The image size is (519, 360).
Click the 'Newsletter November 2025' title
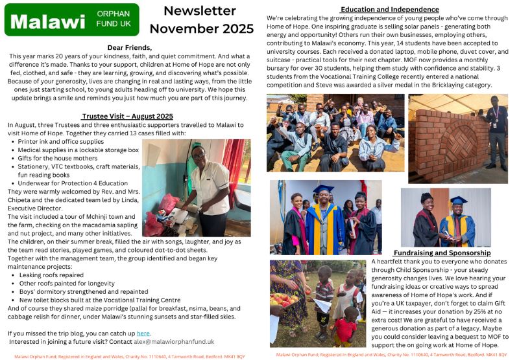202,19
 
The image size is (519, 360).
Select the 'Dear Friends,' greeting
130,47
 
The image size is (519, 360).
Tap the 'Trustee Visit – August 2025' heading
127,116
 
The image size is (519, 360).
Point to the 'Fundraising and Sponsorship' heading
442,253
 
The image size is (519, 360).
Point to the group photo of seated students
335,133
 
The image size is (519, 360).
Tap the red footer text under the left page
130,356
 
